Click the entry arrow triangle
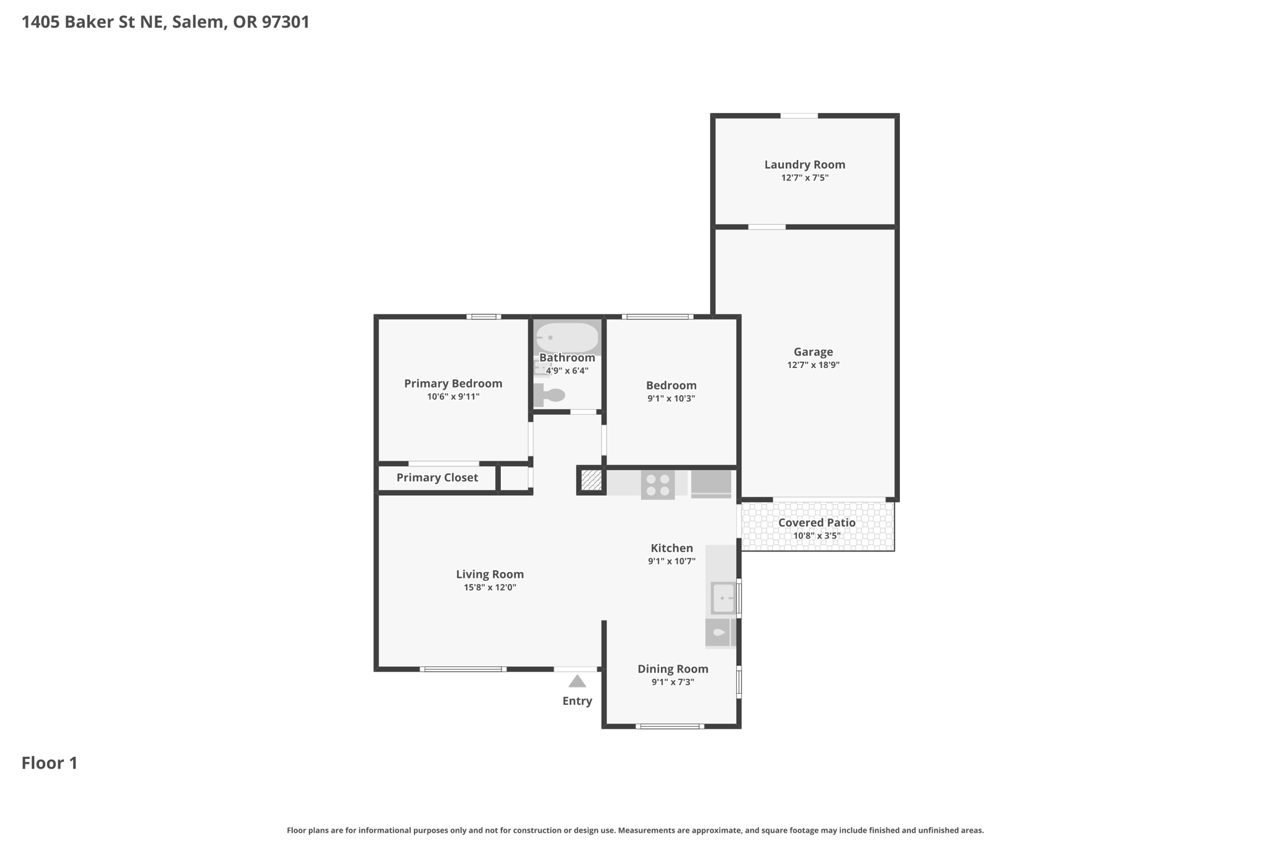point(577,681)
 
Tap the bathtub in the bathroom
point(567,337)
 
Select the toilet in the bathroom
point(549,395)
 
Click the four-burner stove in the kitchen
point(658,485)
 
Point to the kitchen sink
point(723,598)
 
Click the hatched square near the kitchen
point(591,480)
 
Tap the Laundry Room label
point(804,164)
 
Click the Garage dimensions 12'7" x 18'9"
point(813,365)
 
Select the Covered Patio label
point(817,522)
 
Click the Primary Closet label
point(437,478)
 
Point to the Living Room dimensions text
point(490,587)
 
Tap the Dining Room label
point(673,669)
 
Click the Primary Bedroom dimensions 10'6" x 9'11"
point(453,397)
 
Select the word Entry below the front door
point(577,701)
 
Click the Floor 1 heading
point(50,763)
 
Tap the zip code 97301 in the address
point(285,22)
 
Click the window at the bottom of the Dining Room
point(670,726)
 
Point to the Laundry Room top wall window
point(799,115)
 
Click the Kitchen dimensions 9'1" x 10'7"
point(671,561)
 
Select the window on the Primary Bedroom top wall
point(484,316)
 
